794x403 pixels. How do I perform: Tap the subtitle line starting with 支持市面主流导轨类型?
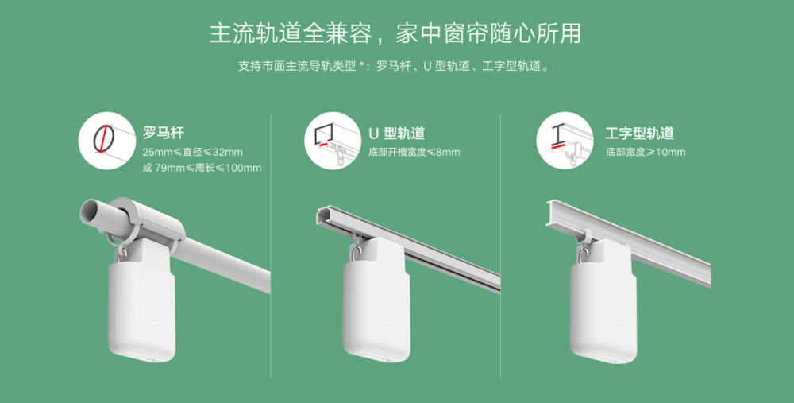coord(395,67)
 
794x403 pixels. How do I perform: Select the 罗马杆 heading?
coord(163,133)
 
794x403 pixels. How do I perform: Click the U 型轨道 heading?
coord(396,133)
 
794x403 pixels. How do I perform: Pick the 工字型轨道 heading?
coord(639,133)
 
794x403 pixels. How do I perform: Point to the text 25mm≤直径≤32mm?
coord(192,152)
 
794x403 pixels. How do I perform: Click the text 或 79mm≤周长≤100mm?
coord(202,168)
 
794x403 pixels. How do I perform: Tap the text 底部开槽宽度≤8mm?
coord(414,152)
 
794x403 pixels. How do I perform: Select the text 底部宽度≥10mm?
coord(646,152)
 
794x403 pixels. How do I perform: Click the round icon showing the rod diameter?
coord(107,141)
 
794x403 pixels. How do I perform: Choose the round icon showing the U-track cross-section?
coord(333,141)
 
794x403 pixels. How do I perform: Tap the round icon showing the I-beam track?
coord(565,141)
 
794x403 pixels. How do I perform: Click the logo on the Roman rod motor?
coord(156,324)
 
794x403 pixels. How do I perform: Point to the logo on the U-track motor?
coord(390,324)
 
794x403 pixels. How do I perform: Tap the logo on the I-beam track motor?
coord(617,325)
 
